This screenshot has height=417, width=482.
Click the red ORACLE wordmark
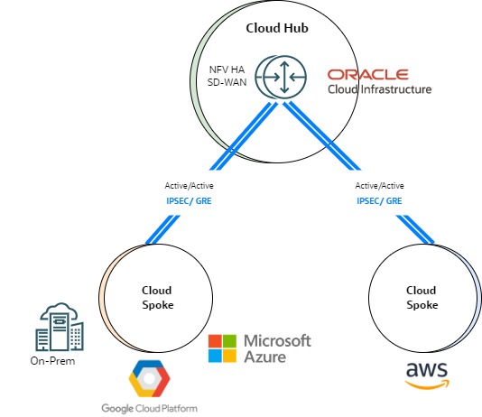(x=368, y=74)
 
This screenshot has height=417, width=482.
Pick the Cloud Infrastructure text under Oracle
(x=379, y=89)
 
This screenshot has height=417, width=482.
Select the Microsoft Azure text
(x=277, y=348)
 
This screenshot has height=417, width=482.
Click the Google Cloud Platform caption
(x=150, y=407)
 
